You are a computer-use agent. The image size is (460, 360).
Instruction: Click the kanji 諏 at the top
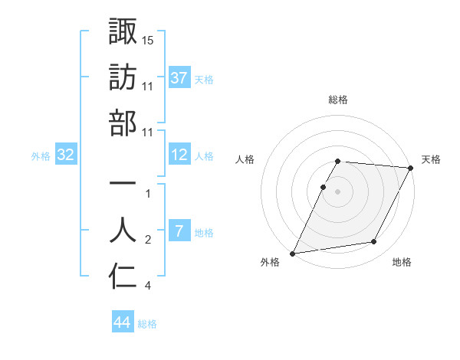pyautogui.click(x=123, y=31)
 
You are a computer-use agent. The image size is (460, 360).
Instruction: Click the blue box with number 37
pyautogui.click(x=179, y=78)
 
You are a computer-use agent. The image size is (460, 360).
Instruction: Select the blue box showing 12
pyautogui.click(x=179, y=155)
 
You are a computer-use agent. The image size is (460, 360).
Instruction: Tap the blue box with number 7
pyautogui.click(x=179, y=232)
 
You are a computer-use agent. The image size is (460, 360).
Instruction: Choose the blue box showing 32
pyautogui.click(x=66, y=155)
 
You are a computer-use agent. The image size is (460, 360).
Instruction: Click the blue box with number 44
pyautogui.click(x=123, y=323)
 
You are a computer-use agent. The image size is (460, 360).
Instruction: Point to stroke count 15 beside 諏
pyautogui.click(x=148, y=39)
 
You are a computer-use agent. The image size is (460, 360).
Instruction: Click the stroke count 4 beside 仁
pyautogui.click(x=147, y=286)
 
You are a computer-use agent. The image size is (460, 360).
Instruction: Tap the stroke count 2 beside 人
pyautogui.click(x=148, y=241)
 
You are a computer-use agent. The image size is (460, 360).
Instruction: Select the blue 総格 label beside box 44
pyautogui.click(x=147, y=324)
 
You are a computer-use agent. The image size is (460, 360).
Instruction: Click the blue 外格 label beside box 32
pyautogui.click(x=41, y=156)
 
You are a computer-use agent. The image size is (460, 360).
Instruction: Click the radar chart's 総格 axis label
pyautogui.click(x=338, y=100)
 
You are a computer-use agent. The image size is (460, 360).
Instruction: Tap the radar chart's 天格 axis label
pyautogui.click(x=431, y=159)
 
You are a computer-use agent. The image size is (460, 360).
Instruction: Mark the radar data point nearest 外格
pyautogui.click(x=293, y=253)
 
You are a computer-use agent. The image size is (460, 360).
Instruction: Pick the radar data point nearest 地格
pyautogui.click(x=374, y=242)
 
